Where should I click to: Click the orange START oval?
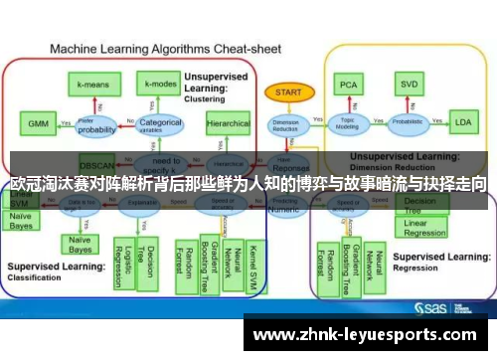click(283, 91)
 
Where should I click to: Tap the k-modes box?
click(159, 85)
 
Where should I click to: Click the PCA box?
click(348, 85)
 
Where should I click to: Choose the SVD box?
click(408, 85)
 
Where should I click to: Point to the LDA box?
click(462, 123)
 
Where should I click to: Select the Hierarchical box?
click(228, 124)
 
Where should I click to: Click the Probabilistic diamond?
click(408, 124)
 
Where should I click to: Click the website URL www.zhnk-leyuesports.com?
click(369, 335)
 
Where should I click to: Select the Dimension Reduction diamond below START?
click(284, 124)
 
